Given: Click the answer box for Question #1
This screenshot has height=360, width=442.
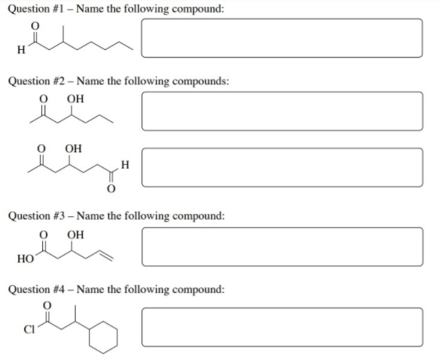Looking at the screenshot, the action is (x=282, y=38).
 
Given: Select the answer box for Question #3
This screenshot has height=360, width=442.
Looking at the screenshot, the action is (x=282, y=247).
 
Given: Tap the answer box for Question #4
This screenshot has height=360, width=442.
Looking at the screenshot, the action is (x=282, y=327).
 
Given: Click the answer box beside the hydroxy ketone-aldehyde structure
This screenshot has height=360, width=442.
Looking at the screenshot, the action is (x=282, y=167).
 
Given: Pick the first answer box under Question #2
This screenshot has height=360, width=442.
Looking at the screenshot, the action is (x=282, y=111).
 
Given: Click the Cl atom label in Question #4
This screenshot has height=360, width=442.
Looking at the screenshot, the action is (x=29, y=329).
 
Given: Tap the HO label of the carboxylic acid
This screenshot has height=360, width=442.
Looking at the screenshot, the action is (x=25, y=258).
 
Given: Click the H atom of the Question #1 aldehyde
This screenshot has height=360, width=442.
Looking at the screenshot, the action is (x=21, y=50).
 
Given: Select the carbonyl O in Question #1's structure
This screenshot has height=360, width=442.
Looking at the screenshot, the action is (x=34, y=26).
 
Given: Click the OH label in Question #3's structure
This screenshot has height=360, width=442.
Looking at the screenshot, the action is (x=75, y=234).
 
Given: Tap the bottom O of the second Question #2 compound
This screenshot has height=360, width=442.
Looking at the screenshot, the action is (x=112, y=188).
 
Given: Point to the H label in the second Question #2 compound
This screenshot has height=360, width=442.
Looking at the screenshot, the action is (x=125, y=164).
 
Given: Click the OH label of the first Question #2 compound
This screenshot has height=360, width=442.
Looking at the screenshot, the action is (x=75, y=99).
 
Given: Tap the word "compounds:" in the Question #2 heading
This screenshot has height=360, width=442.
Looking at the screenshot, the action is (x=201, y=81).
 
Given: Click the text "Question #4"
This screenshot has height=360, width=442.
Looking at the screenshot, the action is (x=37, y=289).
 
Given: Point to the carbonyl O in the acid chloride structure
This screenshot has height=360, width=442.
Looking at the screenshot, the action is (x=47, y=305).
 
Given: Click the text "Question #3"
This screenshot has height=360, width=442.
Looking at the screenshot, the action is (x=37, y=216).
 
